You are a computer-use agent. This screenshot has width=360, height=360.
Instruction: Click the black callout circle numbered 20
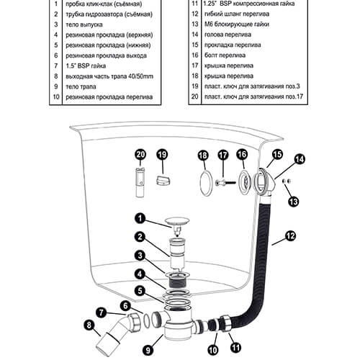point(140,154)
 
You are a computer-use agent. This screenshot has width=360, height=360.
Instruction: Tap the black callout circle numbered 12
point(291,236)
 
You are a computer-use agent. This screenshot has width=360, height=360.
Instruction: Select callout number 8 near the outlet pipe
point(89,325)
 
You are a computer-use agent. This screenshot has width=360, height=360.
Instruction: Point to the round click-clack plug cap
point(177,220)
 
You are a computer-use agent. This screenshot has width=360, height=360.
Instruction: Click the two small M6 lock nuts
point(287,181)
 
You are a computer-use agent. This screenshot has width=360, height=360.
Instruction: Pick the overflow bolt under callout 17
point(225,183)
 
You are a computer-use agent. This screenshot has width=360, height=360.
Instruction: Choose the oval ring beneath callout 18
point(206,183)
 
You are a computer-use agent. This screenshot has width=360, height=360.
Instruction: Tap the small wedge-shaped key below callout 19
point(163,180)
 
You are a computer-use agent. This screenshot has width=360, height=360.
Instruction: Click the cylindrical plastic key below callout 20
point(140,182)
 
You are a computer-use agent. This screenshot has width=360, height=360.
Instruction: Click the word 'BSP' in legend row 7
point(84,66)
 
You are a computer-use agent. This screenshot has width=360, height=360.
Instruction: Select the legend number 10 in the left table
point(56,97)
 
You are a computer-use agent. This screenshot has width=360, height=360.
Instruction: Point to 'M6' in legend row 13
point(208,24)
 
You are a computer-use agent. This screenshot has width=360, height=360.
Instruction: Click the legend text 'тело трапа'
point(81,86)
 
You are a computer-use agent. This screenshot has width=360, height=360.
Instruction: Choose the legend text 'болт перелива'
point(225,55)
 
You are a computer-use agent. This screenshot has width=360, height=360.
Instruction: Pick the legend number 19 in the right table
point(195,86)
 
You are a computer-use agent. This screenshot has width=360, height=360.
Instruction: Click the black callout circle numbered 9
point(148,350)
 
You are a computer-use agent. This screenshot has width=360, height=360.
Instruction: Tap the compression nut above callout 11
point(225,323)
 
